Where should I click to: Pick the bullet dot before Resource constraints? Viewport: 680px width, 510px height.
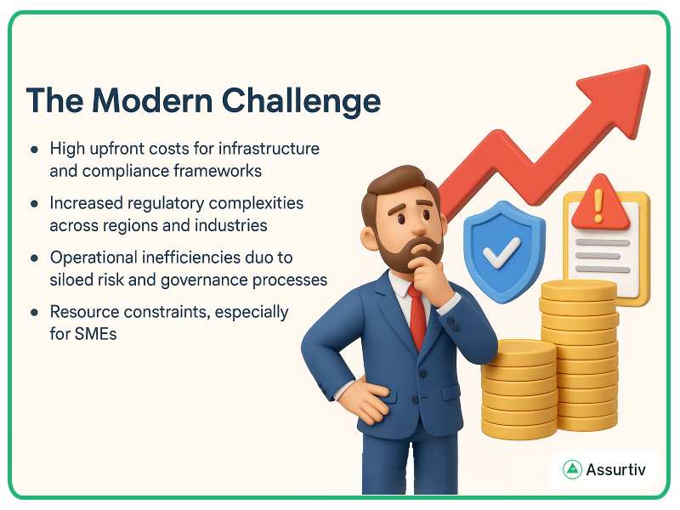(34, 313)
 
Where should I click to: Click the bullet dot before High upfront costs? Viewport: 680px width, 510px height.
(34, 149)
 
